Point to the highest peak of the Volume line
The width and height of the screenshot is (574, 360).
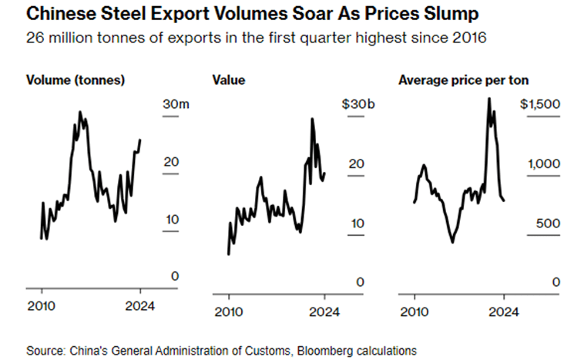tap(80, 113)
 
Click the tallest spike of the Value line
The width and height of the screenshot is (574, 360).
tap(313, 119)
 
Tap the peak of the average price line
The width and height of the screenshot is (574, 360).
tap(488, 99)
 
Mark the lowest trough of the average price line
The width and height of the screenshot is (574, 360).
tap(452, 242)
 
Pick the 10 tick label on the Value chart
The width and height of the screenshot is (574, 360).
tap(357, 223)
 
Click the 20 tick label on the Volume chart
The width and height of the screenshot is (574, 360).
tap(170, 163)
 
